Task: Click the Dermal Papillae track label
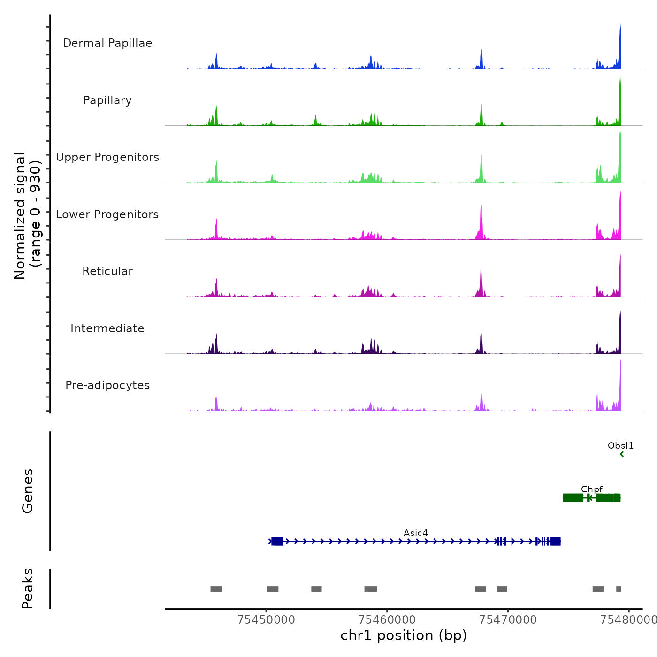(x=107, y=43)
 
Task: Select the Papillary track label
(x=107, y=100)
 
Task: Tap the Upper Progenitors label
(x=107, y=157)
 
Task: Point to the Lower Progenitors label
(x=107, y=214)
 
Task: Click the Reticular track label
(x=107, y=271)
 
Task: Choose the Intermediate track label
(x=107, y=328)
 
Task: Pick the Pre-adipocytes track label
(x=107, y=385)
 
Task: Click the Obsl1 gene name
(x=620, y=445)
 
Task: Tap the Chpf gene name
(x=591, y=489)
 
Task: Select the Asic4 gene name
(x=415, y=533)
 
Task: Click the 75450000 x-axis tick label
(x=267, y=619)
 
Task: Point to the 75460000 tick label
(x=387, y=619)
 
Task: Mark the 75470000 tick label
(x=508, y=619)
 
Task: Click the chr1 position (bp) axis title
(x=404, y=635)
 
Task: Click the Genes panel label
(x=28, y=491)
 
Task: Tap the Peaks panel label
(x=28, y=588)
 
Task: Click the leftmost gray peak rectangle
(x=216, y=589)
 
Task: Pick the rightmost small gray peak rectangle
(x=619, y=589)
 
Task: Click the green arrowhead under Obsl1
(x=622, y=454)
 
